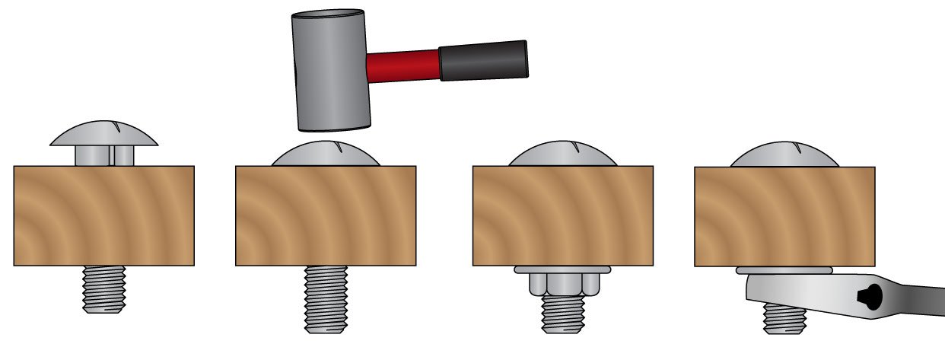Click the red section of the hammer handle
pyautogui.click(x=402, y=65)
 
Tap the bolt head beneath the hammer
pyautogui.click(x=326, y=155)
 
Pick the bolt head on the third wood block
pyautogui.click(x=562, y=155)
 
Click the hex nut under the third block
pyautogui.click(x=562, y=284)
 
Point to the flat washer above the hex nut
pyautogui.click(x=562, y=269)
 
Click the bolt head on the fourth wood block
pyautogui.click(x=784, y=155)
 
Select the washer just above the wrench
pyautogui.click(x=784, y=269)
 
